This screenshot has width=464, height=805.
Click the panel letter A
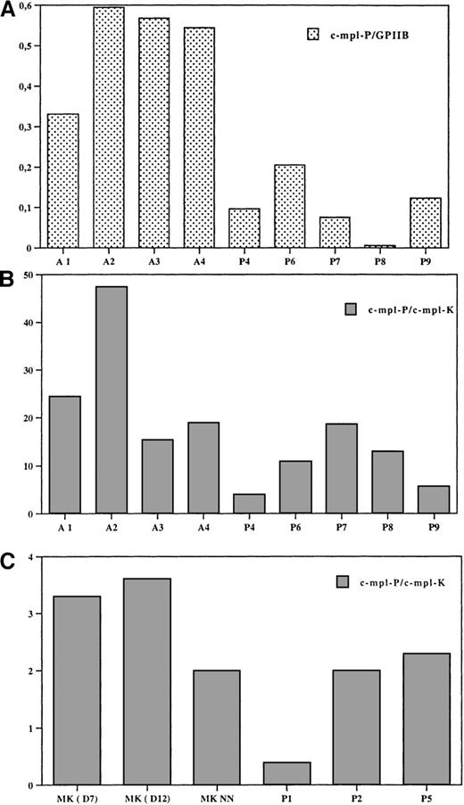pyautogui.click(x=8, y=11)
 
